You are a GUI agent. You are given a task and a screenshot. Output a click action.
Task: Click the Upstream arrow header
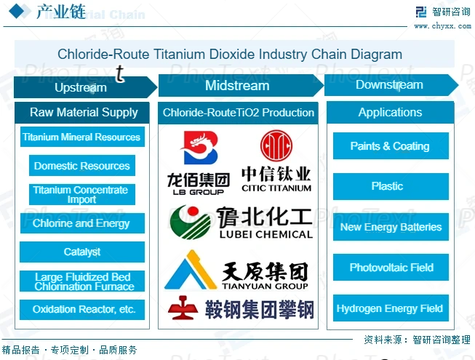(81, 87)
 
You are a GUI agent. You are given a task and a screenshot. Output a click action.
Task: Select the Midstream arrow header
(237, 86)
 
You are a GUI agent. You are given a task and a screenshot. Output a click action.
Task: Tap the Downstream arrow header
(389, 85)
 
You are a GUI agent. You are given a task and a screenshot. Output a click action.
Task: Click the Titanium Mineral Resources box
(81, 137)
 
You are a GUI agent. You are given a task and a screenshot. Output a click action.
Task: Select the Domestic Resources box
(82, 166)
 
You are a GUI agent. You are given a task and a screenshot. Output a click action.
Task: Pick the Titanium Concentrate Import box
(81, 194)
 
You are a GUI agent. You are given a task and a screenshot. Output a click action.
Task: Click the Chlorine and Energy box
(81, 223)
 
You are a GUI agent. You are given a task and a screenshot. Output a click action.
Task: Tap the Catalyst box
(82, 252)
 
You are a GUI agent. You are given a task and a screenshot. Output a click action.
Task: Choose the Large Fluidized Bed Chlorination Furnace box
(82, 281)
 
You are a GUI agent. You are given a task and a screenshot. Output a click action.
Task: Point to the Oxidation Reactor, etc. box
(82, 309)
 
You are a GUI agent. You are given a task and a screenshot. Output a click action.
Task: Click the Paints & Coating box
(390, 146)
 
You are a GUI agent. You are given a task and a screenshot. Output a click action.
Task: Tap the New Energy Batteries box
(391, 227)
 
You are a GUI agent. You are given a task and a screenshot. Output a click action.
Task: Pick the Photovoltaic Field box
(391, 268)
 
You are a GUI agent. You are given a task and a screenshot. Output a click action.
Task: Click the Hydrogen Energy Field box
(390, 308)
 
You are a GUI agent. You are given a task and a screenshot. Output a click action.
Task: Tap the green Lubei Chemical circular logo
(188, 223)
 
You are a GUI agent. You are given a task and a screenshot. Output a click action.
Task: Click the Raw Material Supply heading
(84, 113)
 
